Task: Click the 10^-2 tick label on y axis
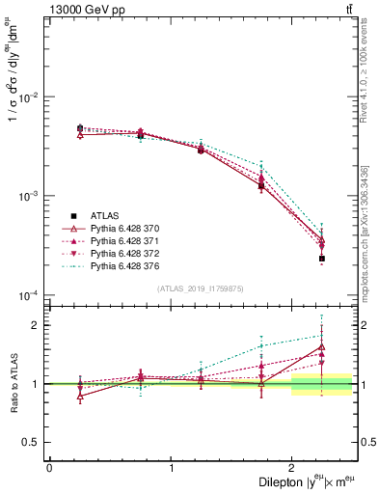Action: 28,97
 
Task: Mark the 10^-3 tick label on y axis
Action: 28,196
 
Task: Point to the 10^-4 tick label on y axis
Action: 28,294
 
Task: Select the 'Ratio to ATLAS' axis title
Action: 12,383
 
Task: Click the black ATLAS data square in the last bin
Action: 321,259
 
